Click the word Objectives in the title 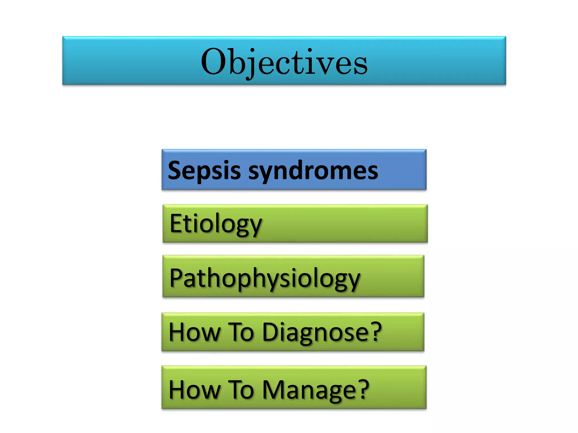284,62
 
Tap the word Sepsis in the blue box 204,171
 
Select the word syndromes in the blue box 313,171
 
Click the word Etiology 216,224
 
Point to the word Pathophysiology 265,279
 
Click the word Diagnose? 322,333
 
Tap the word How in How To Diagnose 194,333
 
